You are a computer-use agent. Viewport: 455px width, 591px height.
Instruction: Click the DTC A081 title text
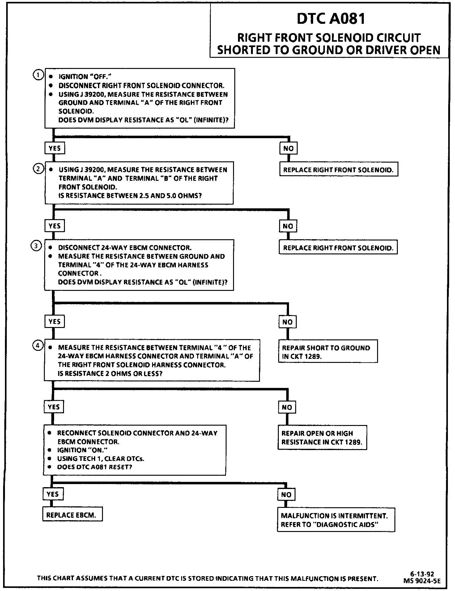pos(331,19)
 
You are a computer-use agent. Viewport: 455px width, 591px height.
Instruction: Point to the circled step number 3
pos(36,246)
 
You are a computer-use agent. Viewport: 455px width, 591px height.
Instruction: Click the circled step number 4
pos(37,346)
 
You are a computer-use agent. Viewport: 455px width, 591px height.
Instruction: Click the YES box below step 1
pos(54,148)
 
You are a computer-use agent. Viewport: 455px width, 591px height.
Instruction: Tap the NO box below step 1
pos(288,148)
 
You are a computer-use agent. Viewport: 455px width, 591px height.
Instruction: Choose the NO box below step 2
pos(288,226)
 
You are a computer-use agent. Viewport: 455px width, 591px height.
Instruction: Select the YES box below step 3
pos(54,321)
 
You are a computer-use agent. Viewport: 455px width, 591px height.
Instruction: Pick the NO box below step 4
pos(287,407)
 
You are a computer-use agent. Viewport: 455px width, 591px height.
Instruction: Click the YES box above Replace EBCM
pos(53,494)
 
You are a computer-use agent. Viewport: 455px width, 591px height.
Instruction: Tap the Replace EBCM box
pos(72,515)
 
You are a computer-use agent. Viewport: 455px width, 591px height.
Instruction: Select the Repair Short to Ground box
pos(328,352)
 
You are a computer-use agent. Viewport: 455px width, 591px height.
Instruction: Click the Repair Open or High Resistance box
pos(322,437)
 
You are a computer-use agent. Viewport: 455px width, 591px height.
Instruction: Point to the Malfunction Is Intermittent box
pos(336,520)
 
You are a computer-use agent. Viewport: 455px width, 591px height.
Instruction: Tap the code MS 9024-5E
pos(422,581)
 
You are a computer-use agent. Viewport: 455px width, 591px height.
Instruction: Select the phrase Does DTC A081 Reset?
pos(95,467)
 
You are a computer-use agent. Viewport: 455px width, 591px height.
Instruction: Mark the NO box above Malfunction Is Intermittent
pos(286,495)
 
